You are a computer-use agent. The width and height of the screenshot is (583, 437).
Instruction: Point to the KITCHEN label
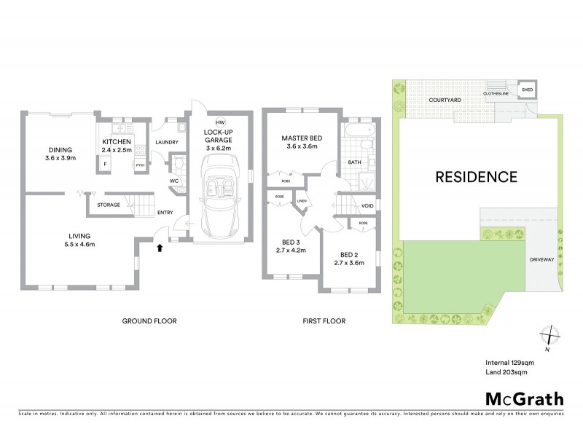(116, 141)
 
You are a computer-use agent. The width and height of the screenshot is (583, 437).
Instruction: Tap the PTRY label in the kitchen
(139, 165)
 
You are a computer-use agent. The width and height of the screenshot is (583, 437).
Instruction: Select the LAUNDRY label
(167, 142)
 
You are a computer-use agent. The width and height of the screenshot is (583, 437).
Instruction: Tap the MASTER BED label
(301, 138)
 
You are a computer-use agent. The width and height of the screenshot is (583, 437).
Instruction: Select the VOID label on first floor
(367, 206)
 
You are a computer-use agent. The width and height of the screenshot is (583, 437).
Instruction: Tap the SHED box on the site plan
(526, 90)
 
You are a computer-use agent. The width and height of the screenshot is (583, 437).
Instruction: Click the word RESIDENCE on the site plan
(477, 176)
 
